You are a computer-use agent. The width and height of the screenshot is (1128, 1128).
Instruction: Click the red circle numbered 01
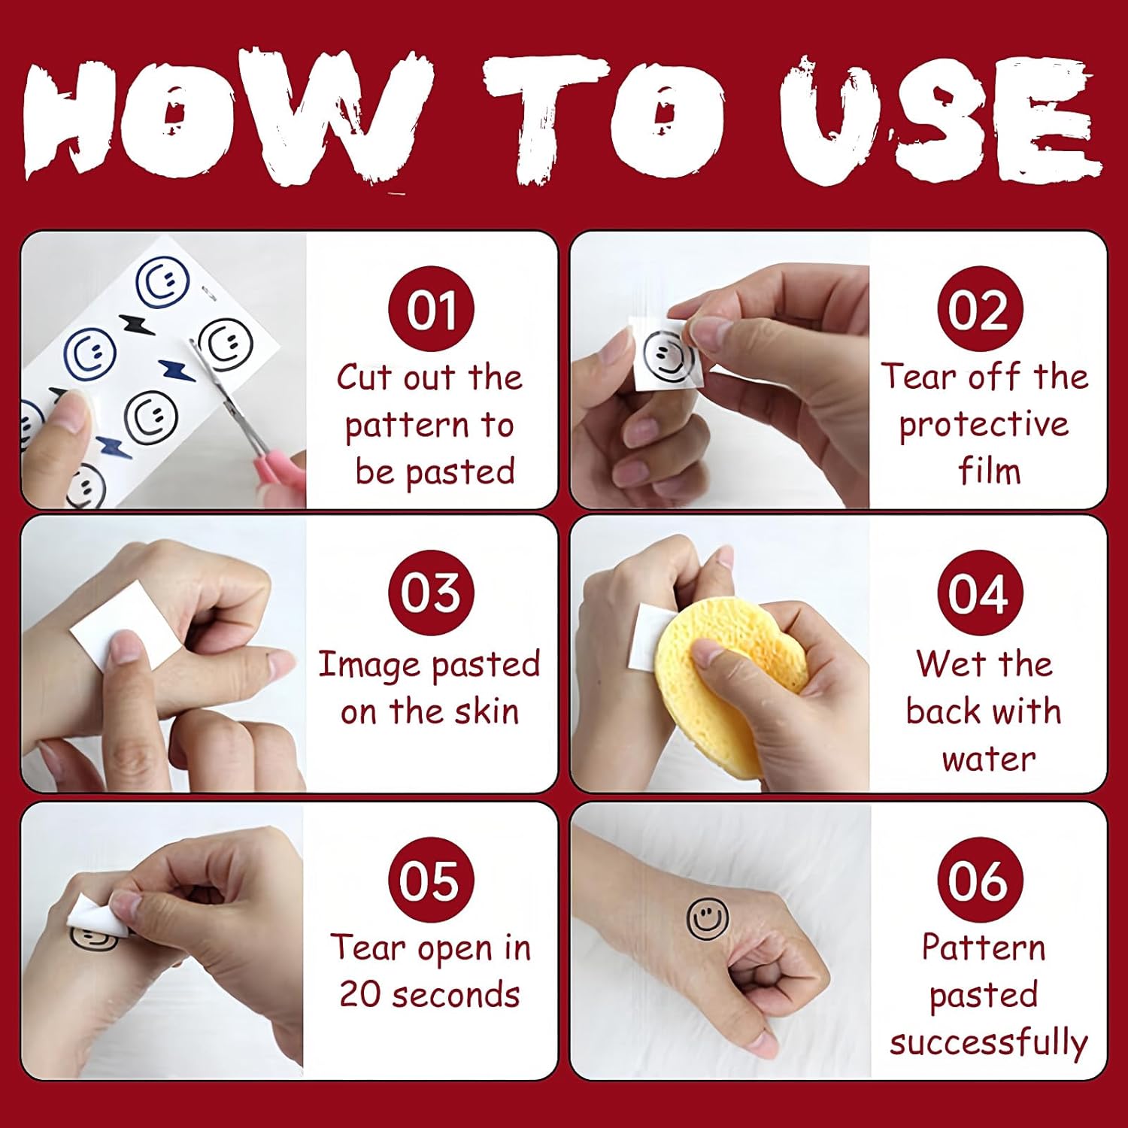click(431, 308)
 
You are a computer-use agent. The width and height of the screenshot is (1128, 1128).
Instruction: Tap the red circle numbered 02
click(980, 308)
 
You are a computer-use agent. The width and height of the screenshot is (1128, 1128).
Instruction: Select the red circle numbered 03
click(431, 593)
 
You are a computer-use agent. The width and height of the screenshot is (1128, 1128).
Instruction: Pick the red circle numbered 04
click(980, 593)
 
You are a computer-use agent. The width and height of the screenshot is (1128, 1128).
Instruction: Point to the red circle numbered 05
click(431, 880)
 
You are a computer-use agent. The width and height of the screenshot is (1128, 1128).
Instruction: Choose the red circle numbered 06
click(980, 880)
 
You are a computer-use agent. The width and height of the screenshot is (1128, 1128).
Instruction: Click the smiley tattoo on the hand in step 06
click(708, 918)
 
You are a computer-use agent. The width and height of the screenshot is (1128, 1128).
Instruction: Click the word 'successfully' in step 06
click(988, 1043)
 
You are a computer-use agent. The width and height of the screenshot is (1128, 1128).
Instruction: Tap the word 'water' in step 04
click(988, 760)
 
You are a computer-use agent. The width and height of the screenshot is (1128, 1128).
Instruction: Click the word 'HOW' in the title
click(226, 120)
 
